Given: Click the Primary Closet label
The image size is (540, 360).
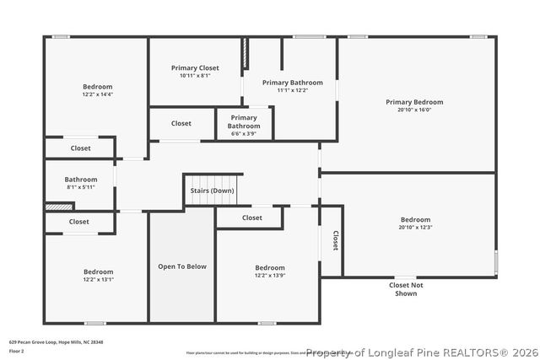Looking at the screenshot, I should point(195,67).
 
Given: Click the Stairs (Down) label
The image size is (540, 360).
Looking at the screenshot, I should point(211,191).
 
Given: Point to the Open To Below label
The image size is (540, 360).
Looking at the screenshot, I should point(182,266).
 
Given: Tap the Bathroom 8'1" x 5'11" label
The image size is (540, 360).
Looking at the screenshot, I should point(81,179).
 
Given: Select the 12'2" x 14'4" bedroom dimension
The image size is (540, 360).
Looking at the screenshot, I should point(97,94).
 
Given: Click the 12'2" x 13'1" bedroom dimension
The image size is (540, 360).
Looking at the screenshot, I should point(98,279).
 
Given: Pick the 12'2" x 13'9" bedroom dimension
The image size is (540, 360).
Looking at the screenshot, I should point(270,276).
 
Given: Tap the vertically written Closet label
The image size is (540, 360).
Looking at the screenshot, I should point(335,241).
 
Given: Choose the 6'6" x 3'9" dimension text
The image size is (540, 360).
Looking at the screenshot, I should point(243,133).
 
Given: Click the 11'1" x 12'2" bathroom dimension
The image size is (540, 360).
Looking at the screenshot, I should point(292,90).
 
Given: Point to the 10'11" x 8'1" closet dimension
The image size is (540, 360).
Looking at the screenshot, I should point(195,76).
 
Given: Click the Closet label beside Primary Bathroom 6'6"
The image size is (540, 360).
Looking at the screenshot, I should point(181,123).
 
